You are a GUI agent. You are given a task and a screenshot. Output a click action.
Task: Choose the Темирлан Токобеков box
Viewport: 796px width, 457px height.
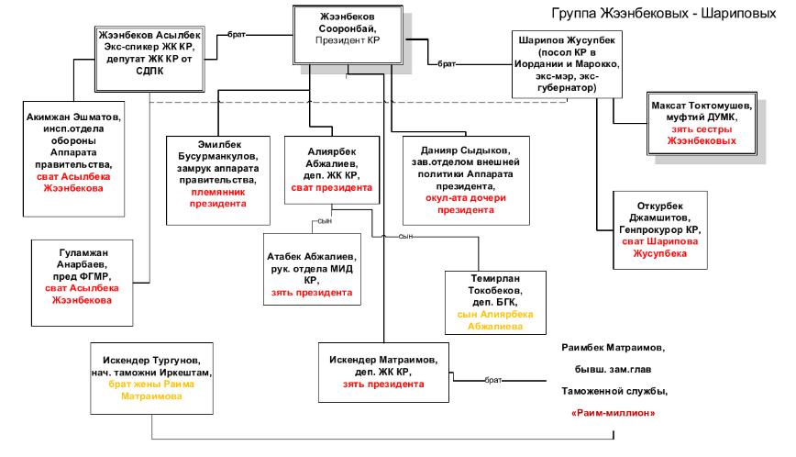(x=489, y=303)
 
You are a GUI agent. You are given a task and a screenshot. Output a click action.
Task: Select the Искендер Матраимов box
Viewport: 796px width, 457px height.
(x=381, y=371)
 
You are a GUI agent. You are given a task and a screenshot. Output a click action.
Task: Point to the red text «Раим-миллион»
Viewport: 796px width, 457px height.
(x=613, y=413)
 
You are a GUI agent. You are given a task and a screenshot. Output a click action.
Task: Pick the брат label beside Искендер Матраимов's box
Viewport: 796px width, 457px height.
(x=493, y=378)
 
